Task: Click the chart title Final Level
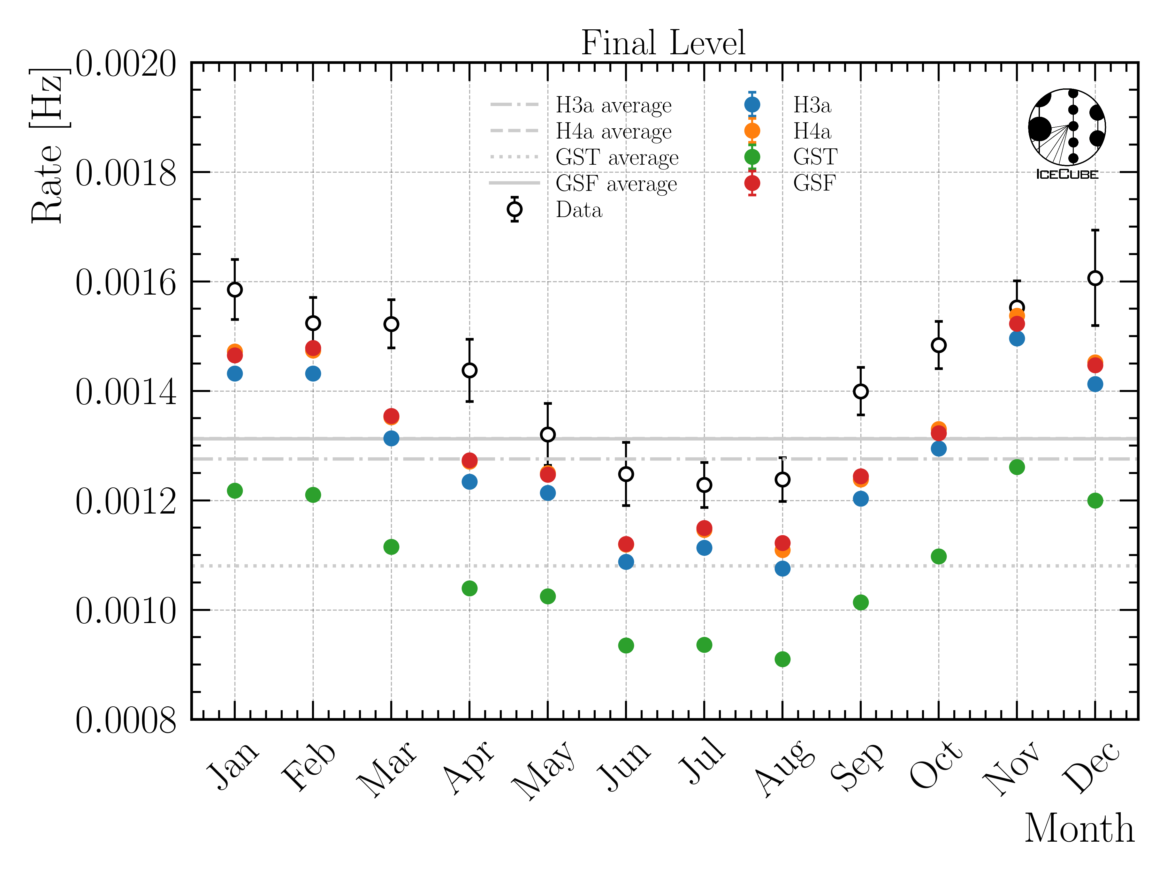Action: point(663,43)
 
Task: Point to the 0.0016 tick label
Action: point(126,283)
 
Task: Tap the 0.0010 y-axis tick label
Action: point(126,611)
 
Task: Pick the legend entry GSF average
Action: point(616,184)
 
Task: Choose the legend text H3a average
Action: point(614,105)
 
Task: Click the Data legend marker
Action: point(515,209)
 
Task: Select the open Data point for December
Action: point(1095,278)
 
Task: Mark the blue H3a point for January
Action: point(235,373)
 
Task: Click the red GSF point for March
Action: point(391,416)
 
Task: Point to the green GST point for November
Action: point(1017,467)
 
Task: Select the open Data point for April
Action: point(469,370)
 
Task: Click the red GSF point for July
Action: point(704,527)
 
